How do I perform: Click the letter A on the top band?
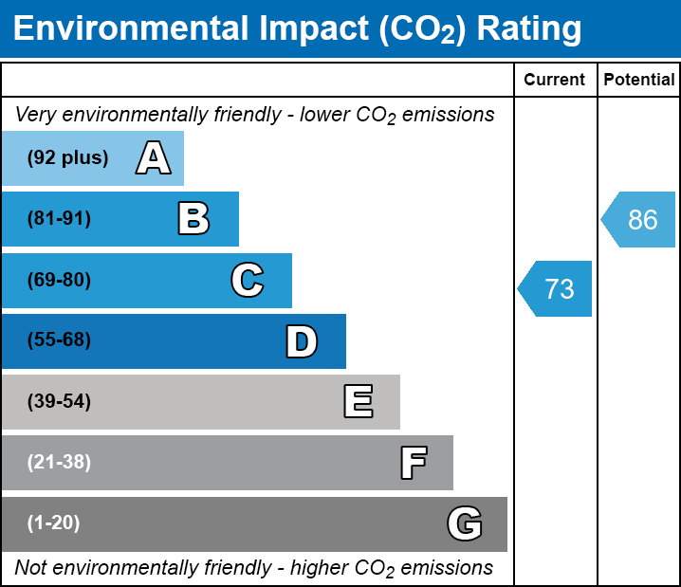coord(154,158)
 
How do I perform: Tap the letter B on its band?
coord(193,219)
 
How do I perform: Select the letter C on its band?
coord(247,280)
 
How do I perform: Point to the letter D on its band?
coord(302,341)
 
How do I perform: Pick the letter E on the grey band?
coord(358,402)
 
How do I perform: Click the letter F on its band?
coord(413,463)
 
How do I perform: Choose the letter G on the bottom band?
coord(465,523)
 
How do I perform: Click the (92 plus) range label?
coord(67,158)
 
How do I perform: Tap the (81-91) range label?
coord(59,219)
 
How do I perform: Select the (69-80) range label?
coord(59,280)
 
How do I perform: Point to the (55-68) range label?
coord(59,340)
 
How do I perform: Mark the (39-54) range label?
coord(59,402)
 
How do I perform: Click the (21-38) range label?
coord(59,463)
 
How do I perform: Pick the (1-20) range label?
coord(54,523)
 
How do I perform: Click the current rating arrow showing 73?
coord(556,288)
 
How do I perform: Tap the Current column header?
coord(555,81)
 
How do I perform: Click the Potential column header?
coord(639,81)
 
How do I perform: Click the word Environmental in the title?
coord(131,29)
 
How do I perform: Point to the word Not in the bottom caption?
coord(30,568)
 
